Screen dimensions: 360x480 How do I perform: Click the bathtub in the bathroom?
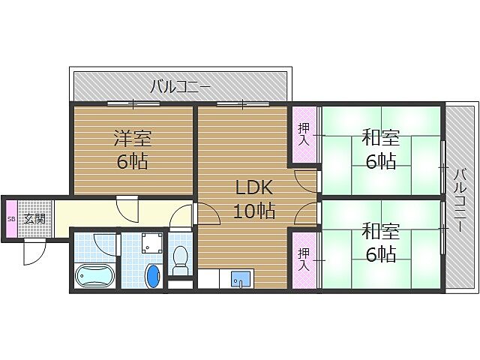[94, 276]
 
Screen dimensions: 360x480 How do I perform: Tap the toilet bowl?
[180, 259]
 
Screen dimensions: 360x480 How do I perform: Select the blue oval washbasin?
[153, 275]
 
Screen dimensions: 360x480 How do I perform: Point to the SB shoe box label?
[10, 219]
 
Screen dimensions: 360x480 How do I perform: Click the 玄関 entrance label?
[33, 219]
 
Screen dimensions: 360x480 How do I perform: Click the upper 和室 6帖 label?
[380, 148]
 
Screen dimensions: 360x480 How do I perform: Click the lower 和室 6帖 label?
[380, 241]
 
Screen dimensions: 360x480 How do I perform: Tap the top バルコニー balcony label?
[180, 85]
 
